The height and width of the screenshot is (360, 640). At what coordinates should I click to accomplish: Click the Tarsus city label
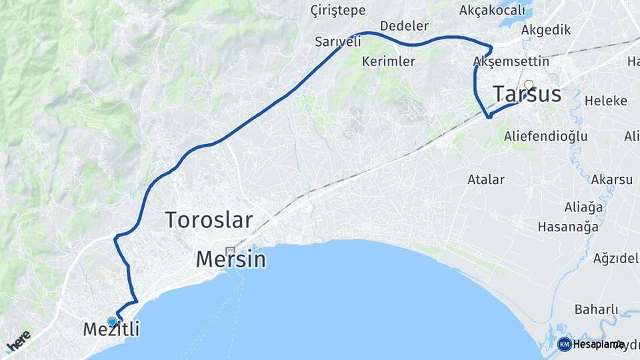coord(527,95)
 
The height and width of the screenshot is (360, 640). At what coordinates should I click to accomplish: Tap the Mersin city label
coord(231,259)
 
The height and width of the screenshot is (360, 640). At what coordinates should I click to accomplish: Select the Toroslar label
coord(209,219)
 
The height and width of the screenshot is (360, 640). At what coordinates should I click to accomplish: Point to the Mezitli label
coord(111,329)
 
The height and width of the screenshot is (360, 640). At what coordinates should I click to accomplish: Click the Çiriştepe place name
coord(338,11)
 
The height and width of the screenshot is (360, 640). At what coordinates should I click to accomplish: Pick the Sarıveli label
coord(338,41)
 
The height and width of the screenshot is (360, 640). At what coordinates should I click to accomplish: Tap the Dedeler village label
coord(404,27)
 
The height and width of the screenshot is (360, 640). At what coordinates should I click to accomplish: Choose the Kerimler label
coord(388,61)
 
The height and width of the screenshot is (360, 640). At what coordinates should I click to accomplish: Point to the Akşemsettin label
coord(511,61)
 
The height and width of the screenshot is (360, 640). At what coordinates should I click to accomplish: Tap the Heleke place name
coord(605,101)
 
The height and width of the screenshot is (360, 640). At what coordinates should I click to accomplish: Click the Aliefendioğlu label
coord(545,136)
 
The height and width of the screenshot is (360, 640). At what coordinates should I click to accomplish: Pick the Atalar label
coord(485,179)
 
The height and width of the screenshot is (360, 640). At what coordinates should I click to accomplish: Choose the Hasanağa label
coord(568,227)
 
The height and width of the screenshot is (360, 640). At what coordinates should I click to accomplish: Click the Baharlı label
coord(596,309)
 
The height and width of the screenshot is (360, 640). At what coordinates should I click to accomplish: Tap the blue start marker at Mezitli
coord(112,321)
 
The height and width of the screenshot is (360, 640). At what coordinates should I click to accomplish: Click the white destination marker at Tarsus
coord(529,85)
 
